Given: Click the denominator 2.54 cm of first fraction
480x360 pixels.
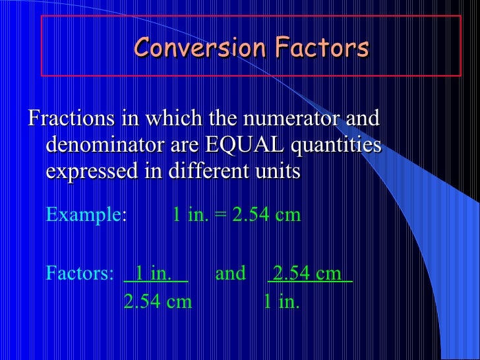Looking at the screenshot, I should pos(158,302).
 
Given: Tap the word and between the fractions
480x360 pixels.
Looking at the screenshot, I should pos(230,273).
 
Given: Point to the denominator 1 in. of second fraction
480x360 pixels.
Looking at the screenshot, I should pos(282,302).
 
